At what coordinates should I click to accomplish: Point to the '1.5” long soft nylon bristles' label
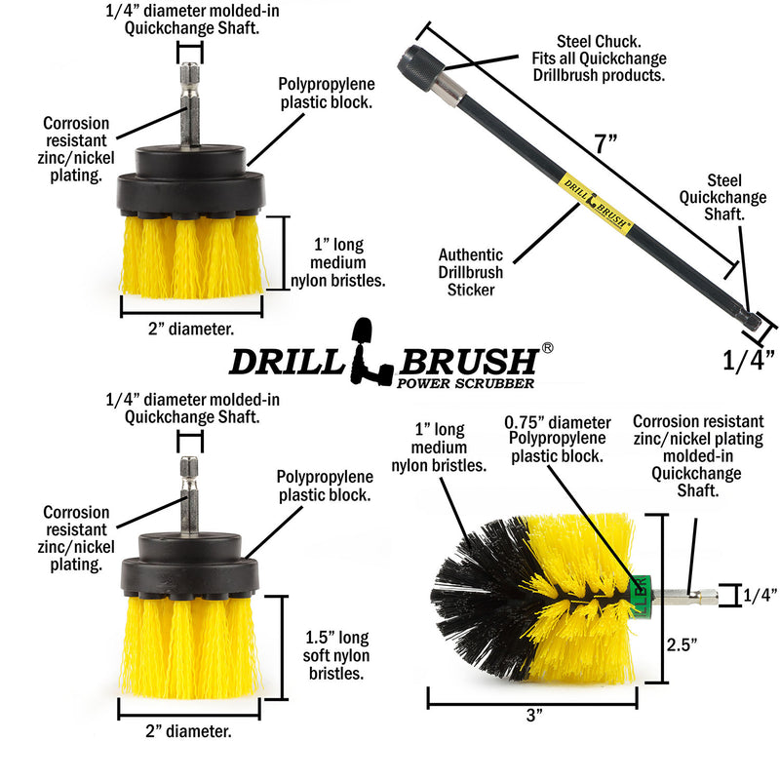pos(336,655)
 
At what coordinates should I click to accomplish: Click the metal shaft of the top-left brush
pos(189,102)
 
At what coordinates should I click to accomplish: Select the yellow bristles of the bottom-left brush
pos(189,648)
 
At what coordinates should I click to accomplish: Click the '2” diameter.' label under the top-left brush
pos(191,329)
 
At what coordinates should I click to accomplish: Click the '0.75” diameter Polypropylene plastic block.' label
pos(557,441)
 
